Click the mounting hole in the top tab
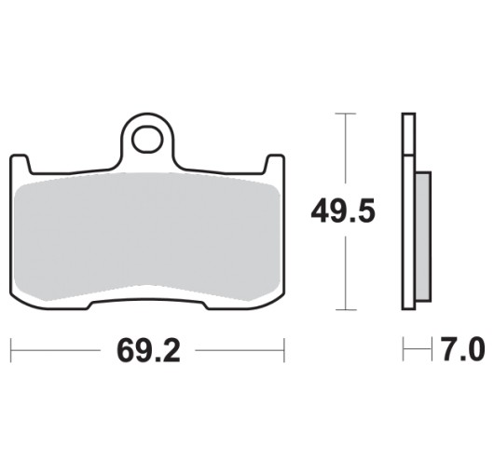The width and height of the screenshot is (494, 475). click(x=148, y=139)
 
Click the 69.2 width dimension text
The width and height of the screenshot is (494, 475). click(x=148, y=350)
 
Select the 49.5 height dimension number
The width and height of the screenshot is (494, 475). click(x=343, y=210)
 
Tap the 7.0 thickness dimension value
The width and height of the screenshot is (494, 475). click(x=463, y=348)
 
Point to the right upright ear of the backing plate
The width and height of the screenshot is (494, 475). click(x=275, y=164)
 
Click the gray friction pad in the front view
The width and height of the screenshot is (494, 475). click(x=147, y=236)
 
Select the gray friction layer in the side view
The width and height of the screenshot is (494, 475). click(x=423, y=236)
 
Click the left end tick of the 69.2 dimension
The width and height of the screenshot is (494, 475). click(x=11, y=350)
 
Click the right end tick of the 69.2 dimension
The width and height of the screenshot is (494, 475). click(x=284, y=350)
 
